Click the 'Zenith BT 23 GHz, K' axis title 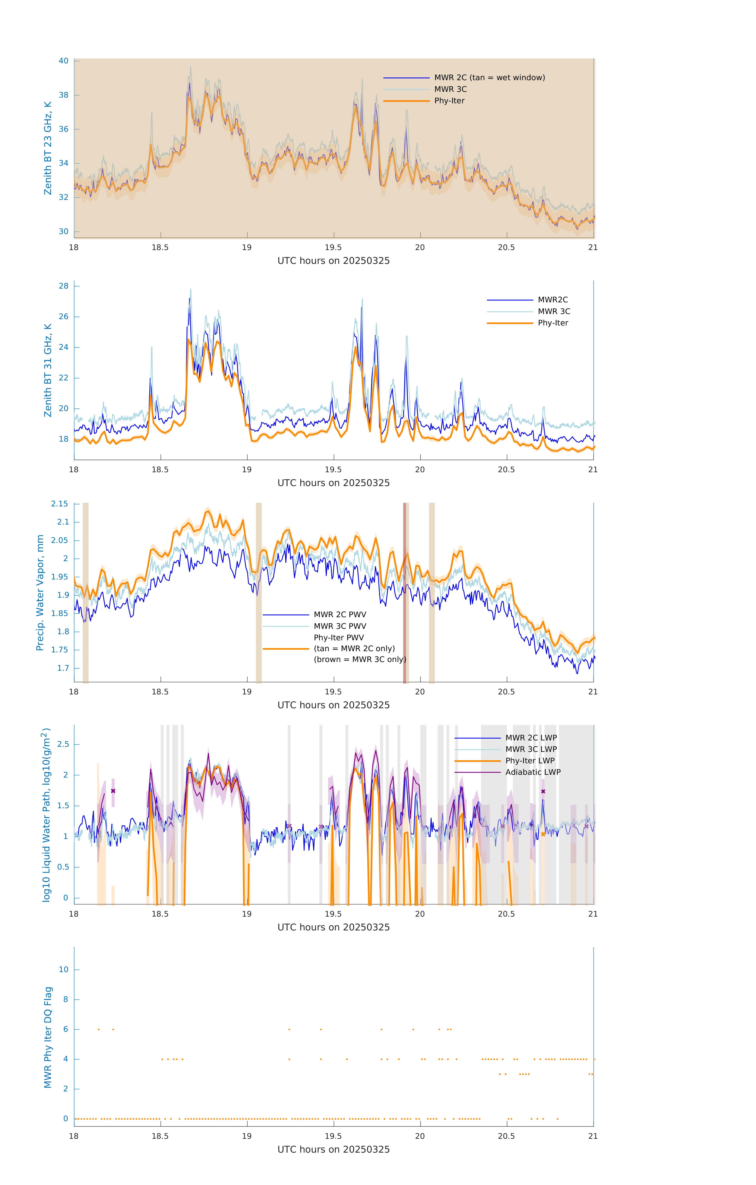(48, 148)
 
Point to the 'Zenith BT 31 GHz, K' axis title (48, 370)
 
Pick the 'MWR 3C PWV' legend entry (340, 626)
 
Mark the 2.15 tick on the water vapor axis (60, 504)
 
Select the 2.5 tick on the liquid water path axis (63, 744)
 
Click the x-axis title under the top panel (333, 261)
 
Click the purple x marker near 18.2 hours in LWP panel (113, 791)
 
